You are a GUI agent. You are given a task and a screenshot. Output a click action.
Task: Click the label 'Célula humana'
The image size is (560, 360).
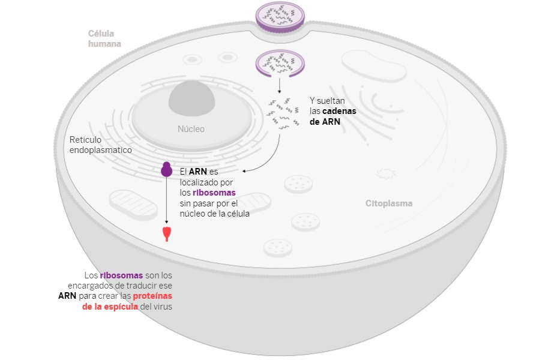[x=104, y=38]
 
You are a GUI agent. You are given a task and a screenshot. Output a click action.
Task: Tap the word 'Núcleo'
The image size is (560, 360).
[x=191, y=129]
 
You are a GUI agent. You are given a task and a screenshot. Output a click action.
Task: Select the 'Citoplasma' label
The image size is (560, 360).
[x=389, y=203]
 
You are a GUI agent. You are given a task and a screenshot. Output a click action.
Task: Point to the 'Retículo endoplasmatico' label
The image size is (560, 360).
[x=100, y=145]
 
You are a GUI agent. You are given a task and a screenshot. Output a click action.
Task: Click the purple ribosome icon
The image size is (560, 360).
[x=167, y=170]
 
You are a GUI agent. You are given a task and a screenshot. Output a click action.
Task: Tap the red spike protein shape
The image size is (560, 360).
[x=166, y=233]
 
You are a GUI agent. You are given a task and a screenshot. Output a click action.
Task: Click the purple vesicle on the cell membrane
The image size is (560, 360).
[x=280, y=16]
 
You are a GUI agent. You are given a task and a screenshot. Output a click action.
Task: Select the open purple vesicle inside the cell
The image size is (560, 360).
[x=280, y=64]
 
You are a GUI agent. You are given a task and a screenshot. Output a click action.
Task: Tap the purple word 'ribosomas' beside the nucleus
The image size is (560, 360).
[x=214, y=193]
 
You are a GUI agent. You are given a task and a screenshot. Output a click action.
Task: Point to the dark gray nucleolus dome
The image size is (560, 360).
[x=191, y=96]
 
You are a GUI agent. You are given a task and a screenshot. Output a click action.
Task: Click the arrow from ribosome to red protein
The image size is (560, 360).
[x=167, y=201]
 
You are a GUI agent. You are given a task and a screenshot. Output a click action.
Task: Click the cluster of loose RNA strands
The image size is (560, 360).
[x=283, y=114]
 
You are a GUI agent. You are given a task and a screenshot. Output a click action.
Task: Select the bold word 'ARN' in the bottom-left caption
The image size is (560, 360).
[x=67, y=296]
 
